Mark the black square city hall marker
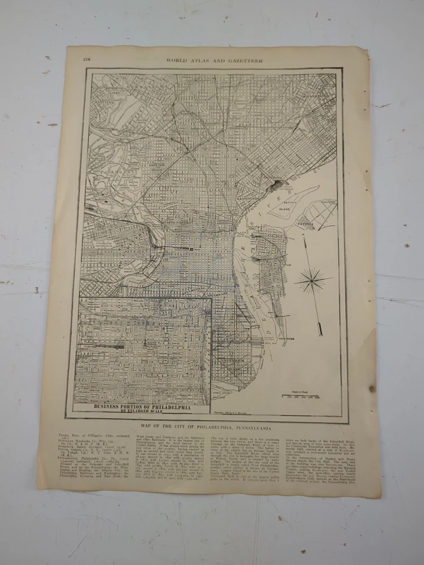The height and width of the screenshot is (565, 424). [191, 250]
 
